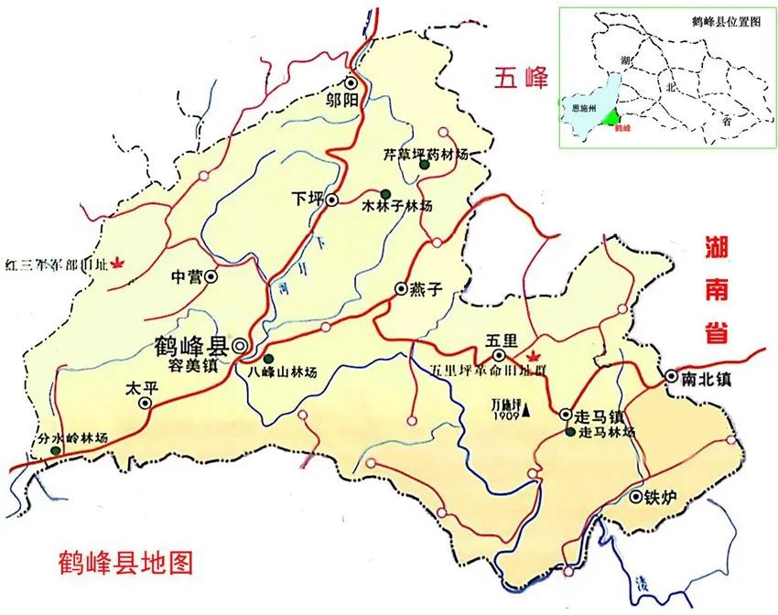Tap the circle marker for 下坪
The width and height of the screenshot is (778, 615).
pos(331,199)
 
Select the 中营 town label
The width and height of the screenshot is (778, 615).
pos(187,275)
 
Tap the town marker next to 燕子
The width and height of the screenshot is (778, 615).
pos(400,289)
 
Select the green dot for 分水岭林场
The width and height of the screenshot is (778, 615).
pos(56,450)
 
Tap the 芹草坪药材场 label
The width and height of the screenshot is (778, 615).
pos(426,155)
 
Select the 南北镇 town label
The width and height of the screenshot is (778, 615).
pos(710,376)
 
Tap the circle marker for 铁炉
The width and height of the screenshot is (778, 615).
pos(635,497)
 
